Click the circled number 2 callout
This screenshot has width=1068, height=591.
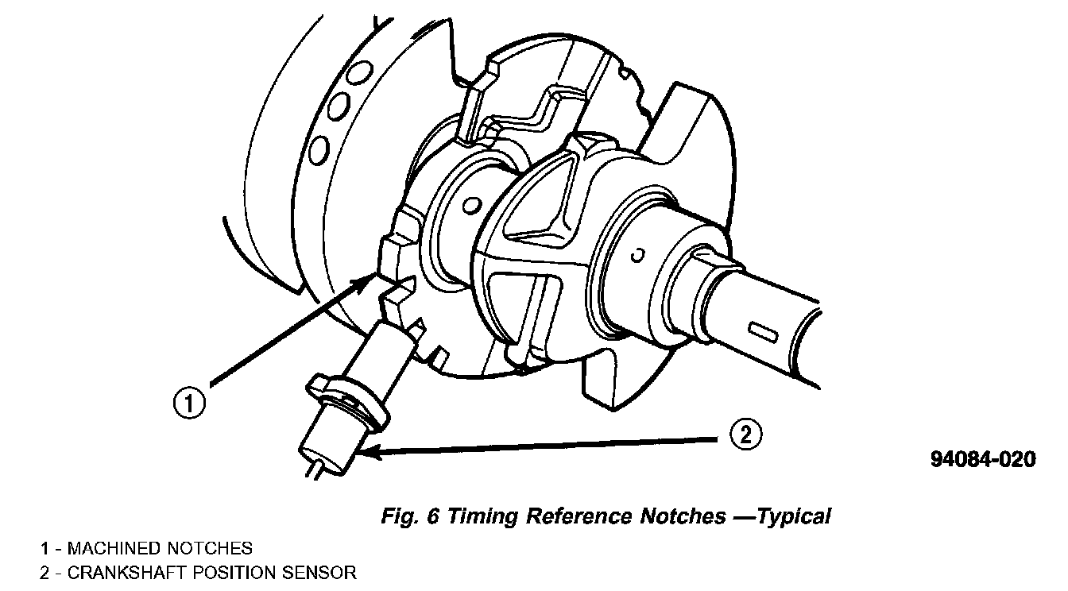click(745, 434)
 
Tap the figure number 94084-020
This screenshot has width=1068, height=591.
click(983, 460)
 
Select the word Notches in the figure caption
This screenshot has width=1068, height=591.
click(682, 516)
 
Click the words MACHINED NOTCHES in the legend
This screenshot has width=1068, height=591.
click(160, 548)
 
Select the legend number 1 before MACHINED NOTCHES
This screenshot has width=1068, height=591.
click(46, 548)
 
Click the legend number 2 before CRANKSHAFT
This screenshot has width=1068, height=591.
click(46, 572)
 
